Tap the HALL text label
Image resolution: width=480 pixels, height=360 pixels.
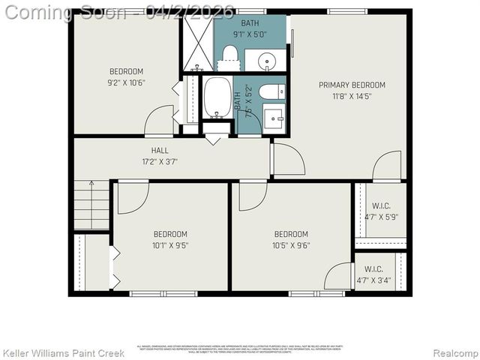click(x=160, y=150)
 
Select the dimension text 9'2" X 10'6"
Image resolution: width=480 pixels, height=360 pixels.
click(x=126, y=83)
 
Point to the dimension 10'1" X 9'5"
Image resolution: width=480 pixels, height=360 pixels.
click(x=171, y=244)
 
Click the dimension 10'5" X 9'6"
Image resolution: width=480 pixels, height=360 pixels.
click(x=291, y=244)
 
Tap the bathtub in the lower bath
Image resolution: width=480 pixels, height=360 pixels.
click(x=217, y=97)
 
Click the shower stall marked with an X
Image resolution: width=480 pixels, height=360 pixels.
click(x=198, y=42)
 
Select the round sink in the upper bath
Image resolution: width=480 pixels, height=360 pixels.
click(x=266, y=60)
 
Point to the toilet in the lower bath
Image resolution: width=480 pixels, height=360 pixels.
click(x=271, y=92)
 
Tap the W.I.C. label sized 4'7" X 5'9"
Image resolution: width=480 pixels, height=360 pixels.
click(x=379, y=211)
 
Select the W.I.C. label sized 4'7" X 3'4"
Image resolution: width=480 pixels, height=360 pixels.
click(x=379, y=274)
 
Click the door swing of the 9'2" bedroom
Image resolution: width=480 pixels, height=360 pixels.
click(x=160, y=121)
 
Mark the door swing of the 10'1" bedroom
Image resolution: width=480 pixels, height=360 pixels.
click(x=132, y=196)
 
